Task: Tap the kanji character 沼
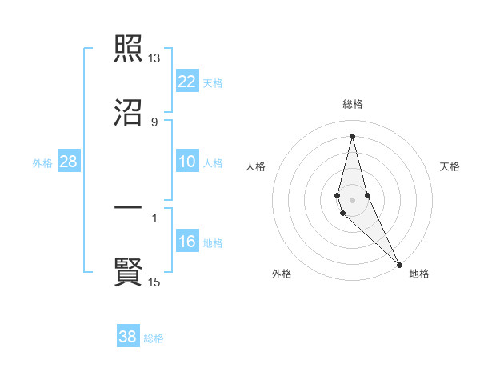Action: pos(128,114)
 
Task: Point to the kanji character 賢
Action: pos(128,272)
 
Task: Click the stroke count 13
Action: pos(154,58)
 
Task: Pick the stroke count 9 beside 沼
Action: pos(154,122)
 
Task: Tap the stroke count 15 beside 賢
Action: pos(154,282)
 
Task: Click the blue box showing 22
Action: pos(187,82)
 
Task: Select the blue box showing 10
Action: pos(187,162)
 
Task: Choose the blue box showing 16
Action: pos(187,242)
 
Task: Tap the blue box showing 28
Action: pos(69,162)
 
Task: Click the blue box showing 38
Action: pos(128,337)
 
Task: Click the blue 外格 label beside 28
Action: pos(42,163)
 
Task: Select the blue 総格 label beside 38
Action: pos(154,338)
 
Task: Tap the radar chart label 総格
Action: pos(353,104)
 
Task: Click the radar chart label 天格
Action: pos(450,166)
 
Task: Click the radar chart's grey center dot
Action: pos(353,199)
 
